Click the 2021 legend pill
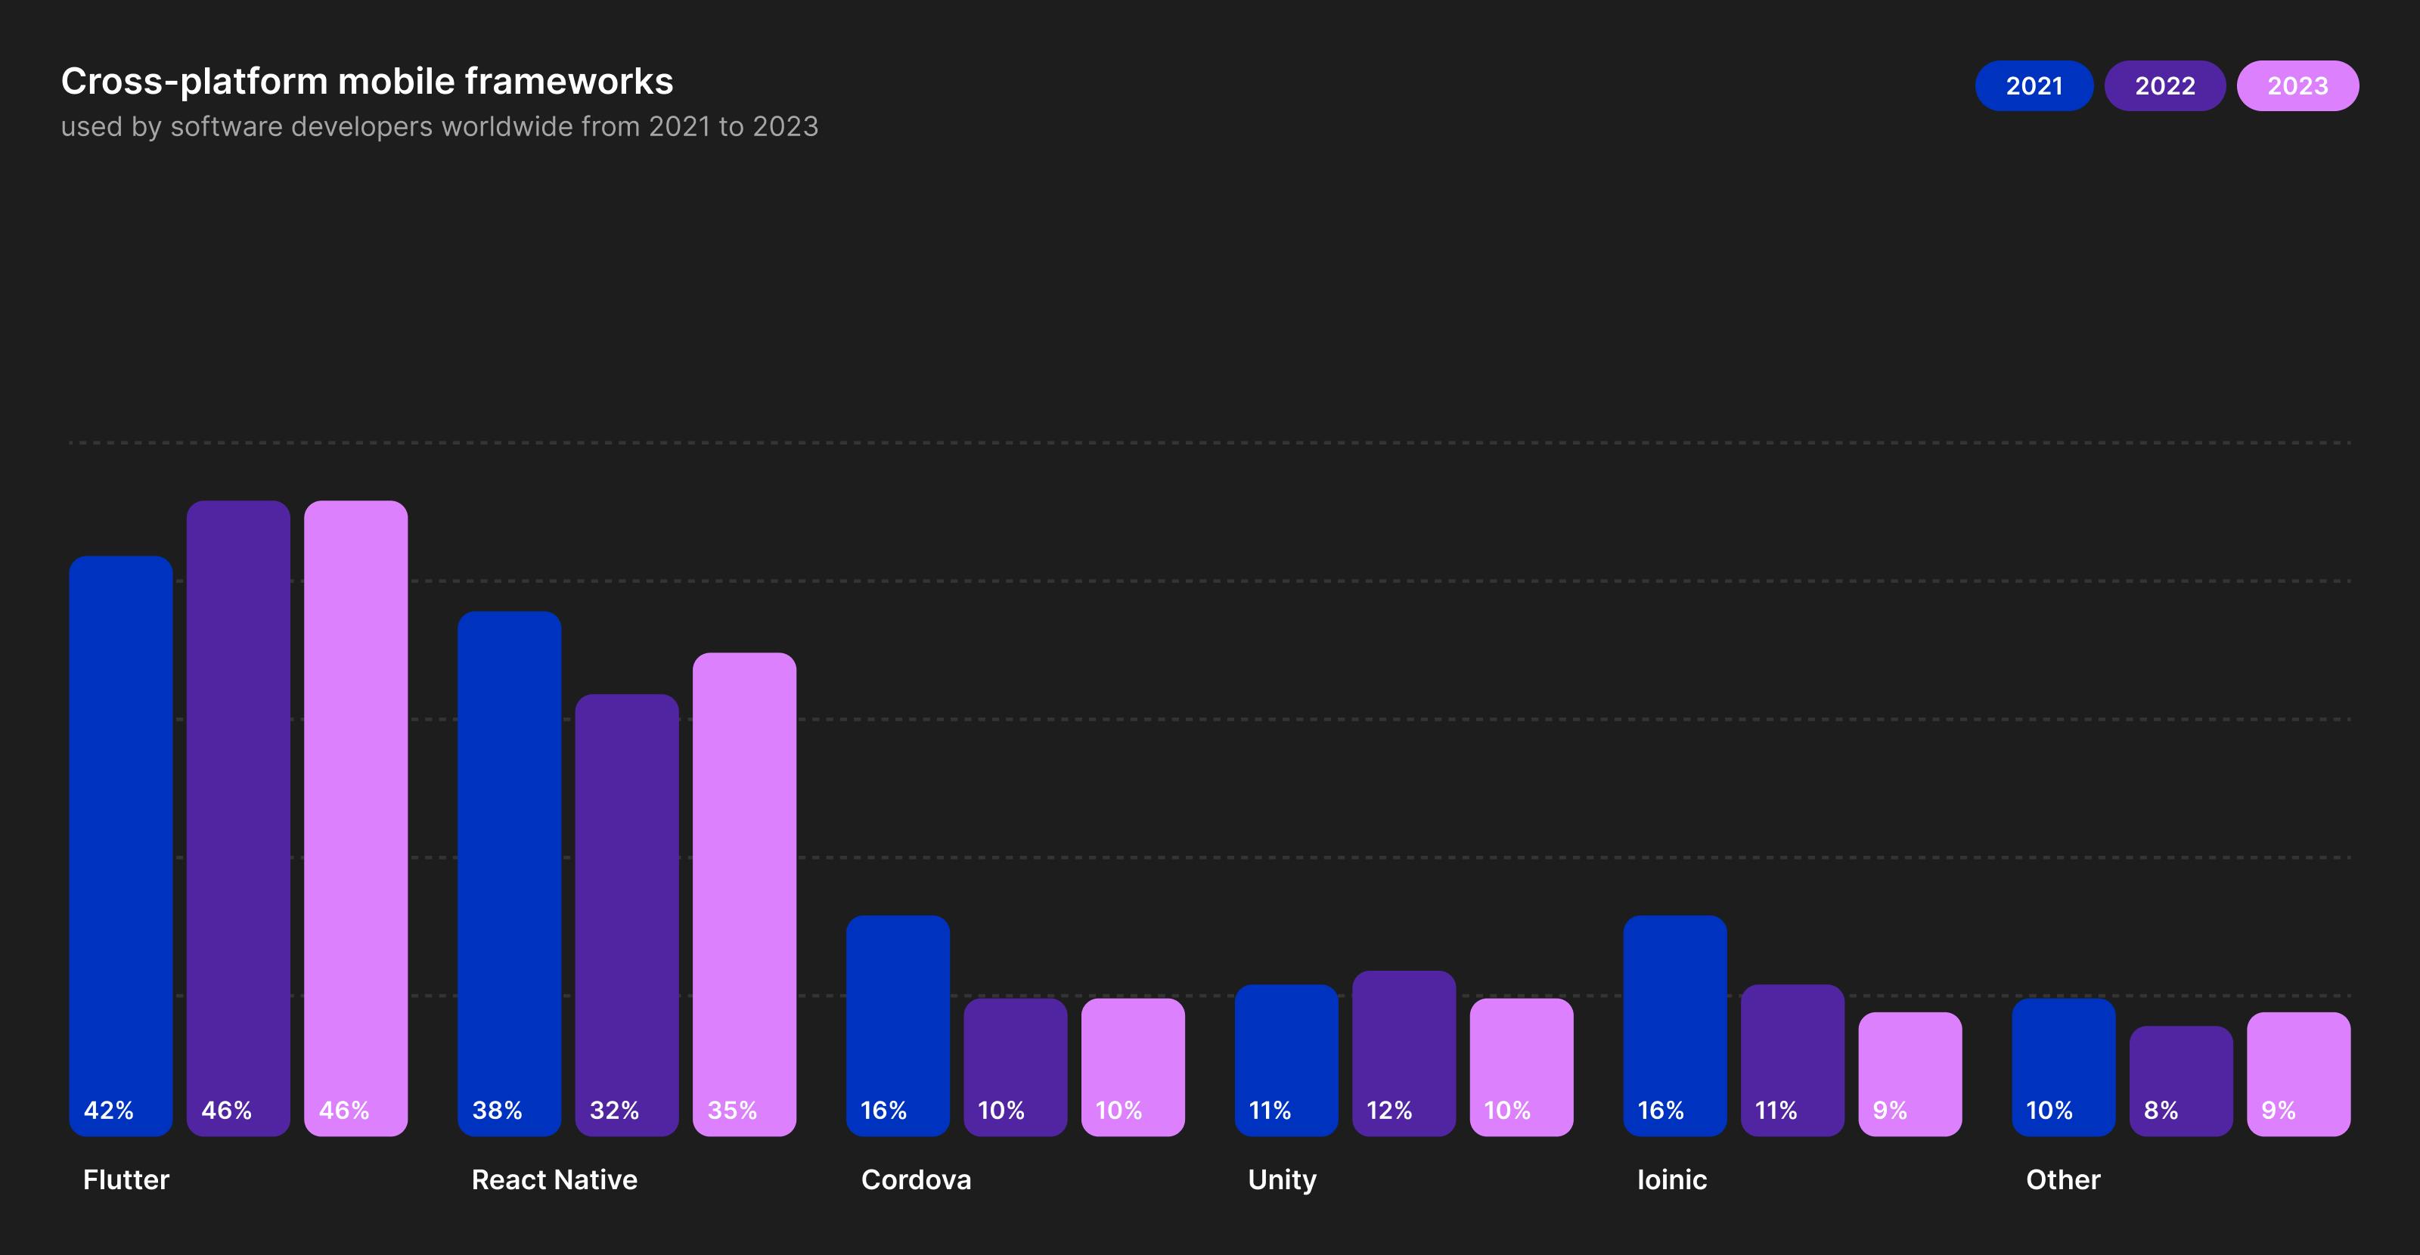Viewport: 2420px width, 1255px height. coord(2033,85)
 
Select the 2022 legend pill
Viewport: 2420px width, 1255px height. coord(2164,85)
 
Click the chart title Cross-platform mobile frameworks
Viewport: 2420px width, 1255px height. coord(366,82)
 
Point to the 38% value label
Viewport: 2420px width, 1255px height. coord(497,1111)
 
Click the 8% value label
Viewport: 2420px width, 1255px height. coord(2161,1111)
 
